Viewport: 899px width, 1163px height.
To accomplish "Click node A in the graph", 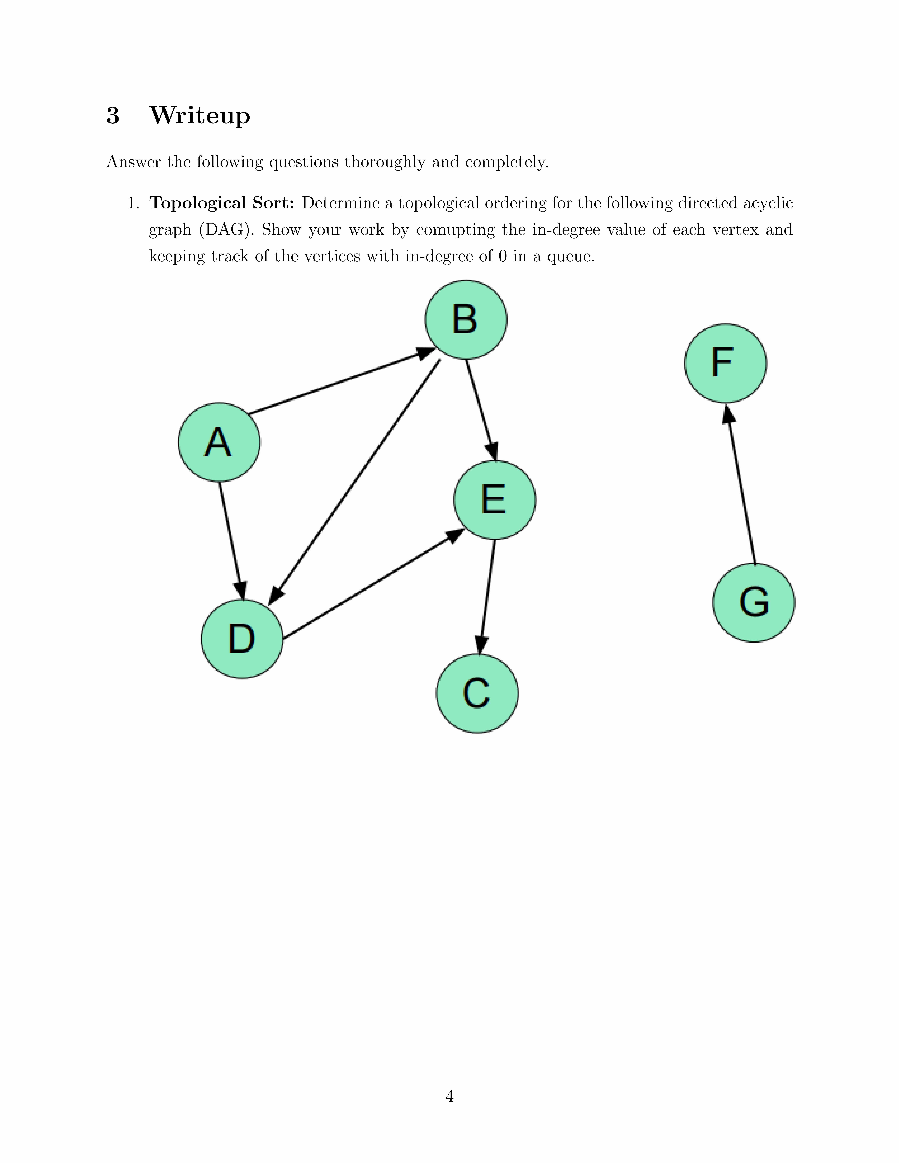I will [219, 442].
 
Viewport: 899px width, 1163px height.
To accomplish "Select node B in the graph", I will [466, 320].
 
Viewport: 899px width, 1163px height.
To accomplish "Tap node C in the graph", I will [477, 693].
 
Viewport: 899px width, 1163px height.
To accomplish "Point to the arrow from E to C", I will [487, 596].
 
